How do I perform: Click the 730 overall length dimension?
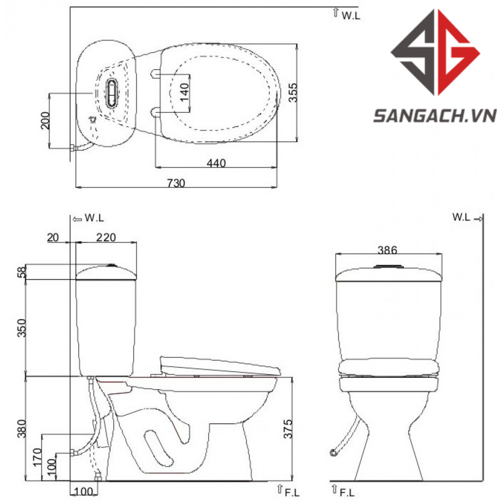(176, 183)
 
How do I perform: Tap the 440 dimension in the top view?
(216, 163)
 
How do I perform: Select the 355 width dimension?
(292, 93)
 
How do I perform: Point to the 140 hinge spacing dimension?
(184, 92)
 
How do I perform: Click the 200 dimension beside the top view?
(45, 120)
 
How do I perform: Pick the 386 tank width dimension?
(387, 250)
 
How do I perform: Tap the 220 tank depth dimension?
(106, 237)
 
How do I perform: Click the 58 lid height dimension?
(22, 273)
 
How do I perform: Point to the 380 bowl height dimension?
(22, 429)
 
